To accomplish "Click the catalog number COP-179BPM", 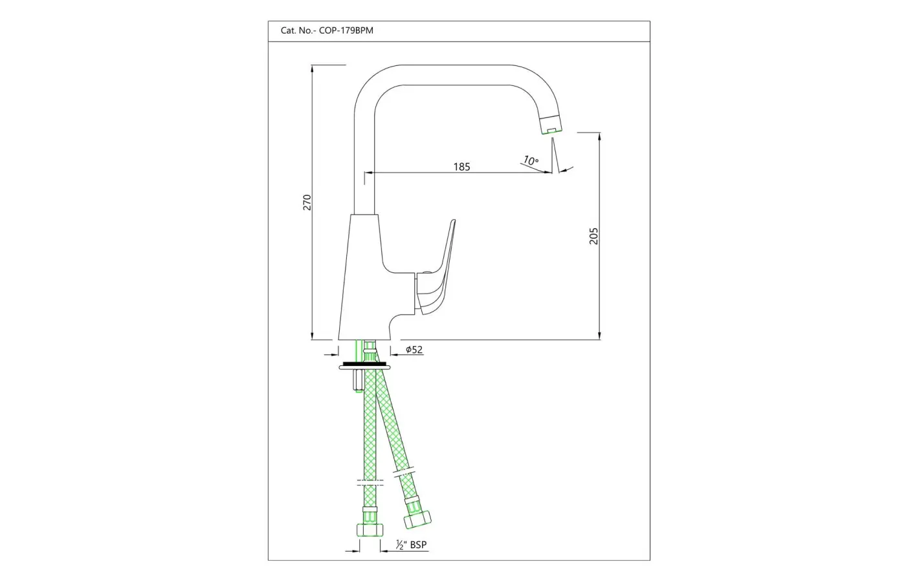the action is [x=346, y=30].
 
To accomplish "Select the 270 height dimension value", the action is [x=307, y=202].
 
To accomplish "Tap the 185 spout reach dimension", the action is [x=461, y=167].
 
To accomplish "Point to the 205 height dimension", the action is [x=593, y=236].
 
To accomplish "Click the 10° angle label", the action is [x=531, y=160].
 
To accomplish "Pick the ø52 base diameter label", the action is [x=414, y=350].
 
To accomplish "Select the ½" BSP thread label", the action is [x=411, y=544].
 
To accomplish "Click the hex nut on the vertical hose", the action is [x=370, y=530].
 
